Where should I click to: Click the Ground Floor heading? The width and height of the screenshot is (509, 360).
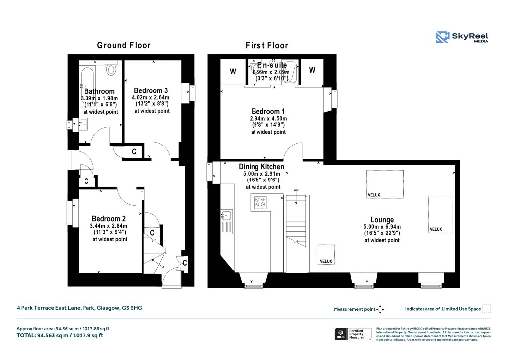pyautogui.click(x=123, y=45)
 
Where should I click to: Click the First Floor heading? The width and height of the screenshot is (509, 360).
pyautogui.click(x=266, y=45)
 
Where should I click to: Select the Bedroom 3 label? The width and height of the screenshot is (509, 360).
pyautogui.click(x=150, y=90)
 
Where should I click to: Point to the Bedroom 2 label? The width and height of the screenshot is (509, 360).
pyautogui.click(x=108, y=219)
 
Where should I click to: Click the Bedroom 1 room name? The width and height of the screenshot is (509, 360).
pyautogui.click(x=268, y=111)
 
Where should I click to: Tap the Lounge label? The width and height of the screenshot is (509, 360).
pyautogui.click(x=382, y=220)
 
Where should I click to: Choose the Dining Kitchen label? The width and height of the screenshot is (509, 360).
pyautogui.click(x=261, y=167)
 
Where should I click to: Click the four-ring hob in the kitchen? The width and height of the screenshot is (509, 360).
pyautogui.click(x=260, y=203)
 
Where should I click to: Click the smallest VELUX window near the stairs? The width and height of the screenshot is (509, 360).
pyautogui.click(x=326, y=254)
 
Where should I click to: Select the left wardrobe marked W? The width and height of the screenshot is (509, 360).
pyautogui.click(x=232, y=72)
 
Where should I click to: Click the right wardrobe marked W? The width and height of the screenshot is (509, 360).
pyautogui.click(x=312, y=71)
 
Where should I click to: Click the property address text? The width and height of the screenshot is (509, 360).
pyautogui.click(x=80, y=308)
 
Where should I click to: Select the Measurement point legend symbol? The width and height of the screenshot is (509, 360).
pyautogui.click(x=380, y=309)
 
